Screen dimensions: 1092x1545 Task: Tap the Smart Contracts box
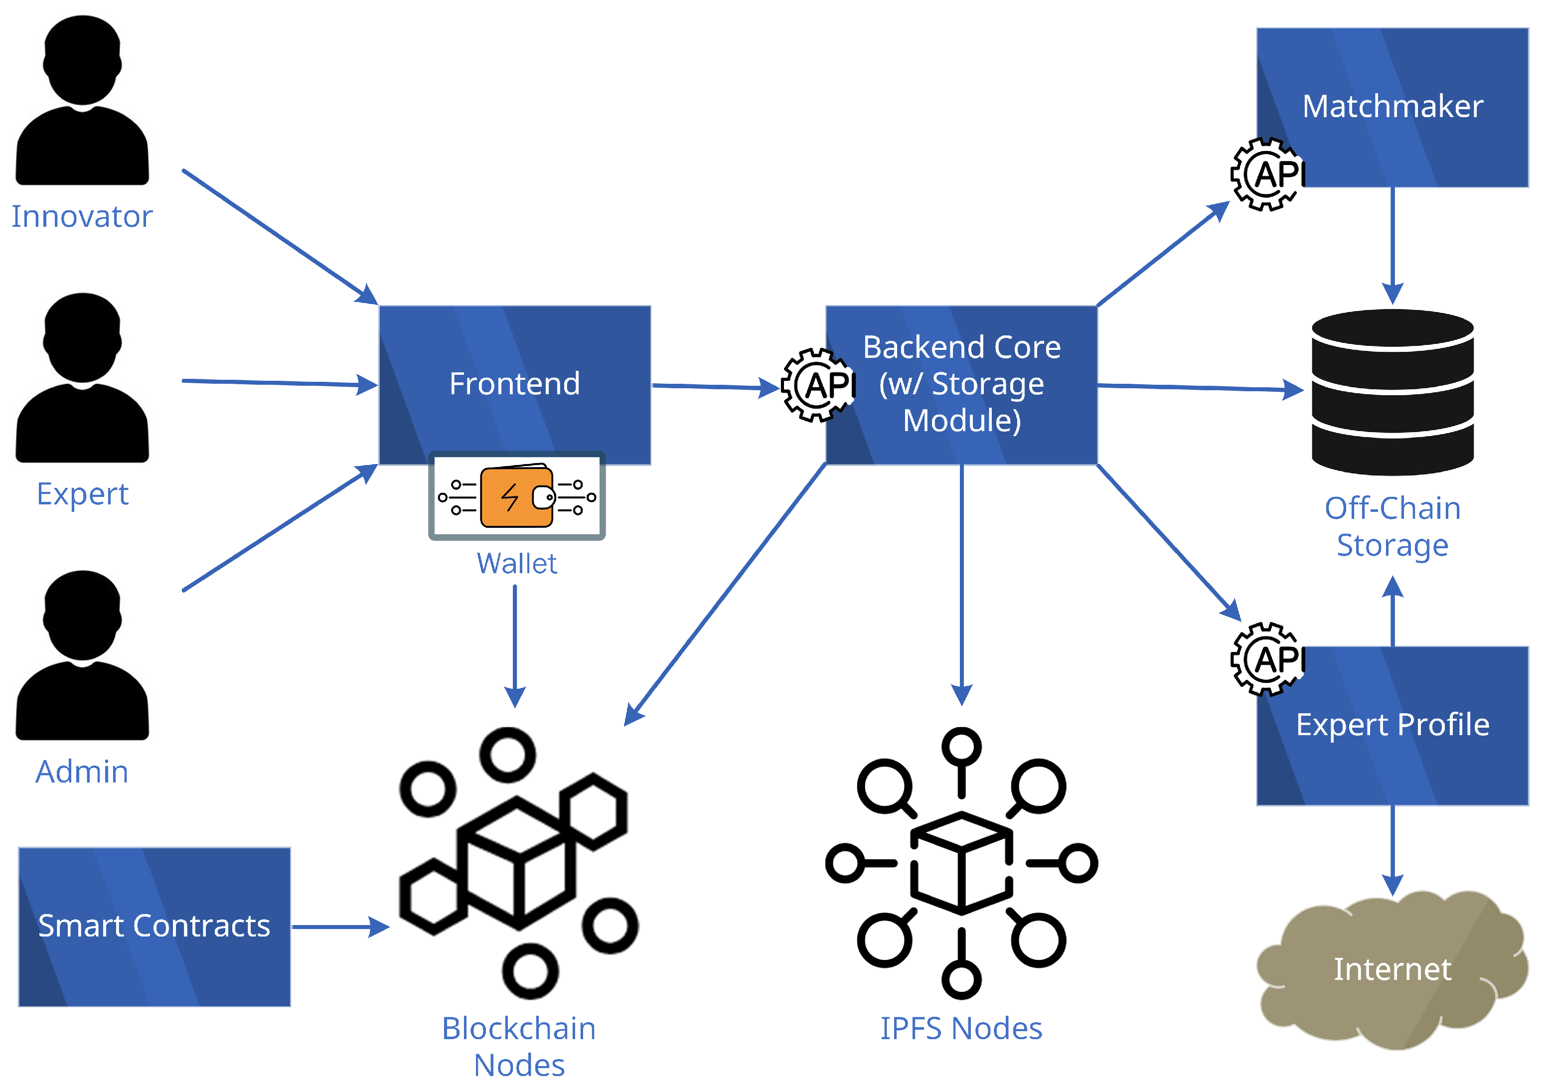(x=154, y=927)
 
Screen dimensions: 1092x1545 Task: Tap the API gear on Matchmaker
(x=1266, y=174)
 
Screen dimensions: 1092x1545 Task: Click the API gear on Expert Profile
(x=1266, y=659)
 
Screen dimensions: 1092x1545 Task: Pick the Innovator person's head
(x=82, y=60)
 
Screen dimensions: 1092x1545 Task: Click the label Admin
(x=82, y=772)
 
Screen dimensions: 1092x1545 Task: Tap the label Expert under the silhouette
(x=82, y=494)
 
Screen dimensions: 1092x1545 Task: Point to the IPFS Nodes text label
(x=961, y=1029)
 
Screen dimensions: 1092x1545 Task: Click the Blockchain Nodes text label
(x=519, y=1046)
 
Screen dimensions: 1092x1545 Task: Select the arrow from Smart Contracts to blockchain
(x=340, y=927)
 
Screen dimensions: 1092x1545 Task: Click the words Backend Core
(x=961, y=348)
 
